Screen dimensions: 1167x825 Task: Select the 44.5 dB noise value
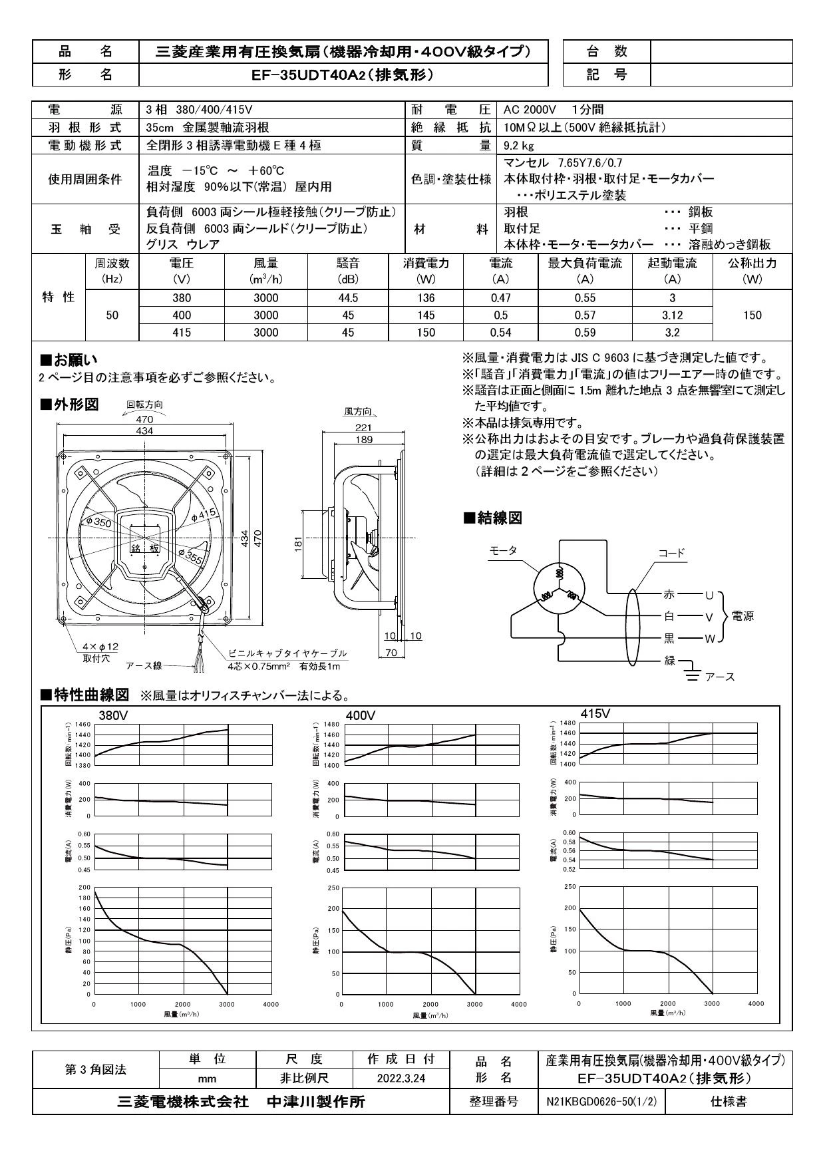[348, 298]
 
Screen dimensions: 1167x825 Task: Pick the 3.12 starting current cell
[673, 315]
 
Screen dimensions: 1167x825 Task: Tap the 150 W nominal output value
[752, 315]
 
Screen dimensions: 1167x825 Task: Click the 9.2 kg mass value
[519, 145]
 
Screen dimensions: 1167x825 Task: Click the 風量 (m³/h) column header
[266, 271]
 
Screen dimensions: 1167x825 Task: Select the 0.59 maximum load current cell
[585, 333]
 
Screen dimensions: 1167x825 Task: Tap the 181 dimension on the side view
[299, 544]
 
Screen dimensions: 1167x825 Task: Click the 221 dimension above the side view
[363, 428]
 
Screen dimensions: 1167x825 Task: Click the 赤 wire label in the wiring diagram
[669, 594]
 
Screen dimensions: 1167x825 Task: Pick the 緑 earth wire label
[669, 661]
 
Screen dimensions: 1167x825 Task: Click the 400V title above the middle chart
[361, 715]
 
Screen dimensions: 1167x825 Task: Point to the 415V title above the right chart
[595, 713]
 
